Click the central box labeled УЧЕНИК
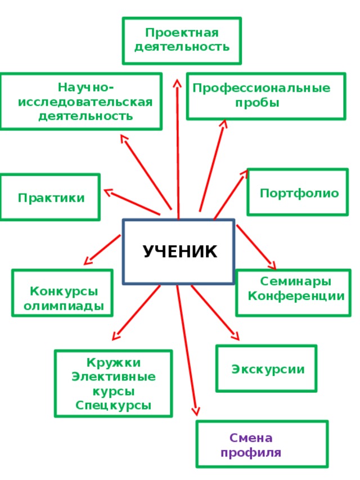(179, 252)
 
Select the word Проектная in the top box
(182, 33)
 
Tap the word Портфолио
(299, 194)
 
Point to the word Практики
(51, 198)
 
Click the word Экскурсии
(268, 369)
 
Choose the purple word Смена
(251, 438)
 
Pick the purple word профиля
(251, 452)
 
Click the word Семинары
(296, 281)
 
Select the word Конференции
(296, 296)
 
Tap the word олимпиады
(64, 306)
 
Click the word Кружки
(114, 362)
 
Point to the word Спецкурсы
(113, 405)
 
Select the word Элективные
(114, 376)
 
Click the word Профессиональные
(262, 88)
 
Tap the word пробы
(257, 102)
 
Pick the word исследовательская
(85, 102)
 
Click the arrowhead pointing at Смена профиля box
(196, 411)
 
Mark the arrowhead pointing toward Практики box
(109, 192)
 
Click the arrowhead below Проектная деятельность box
(177, 83)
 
